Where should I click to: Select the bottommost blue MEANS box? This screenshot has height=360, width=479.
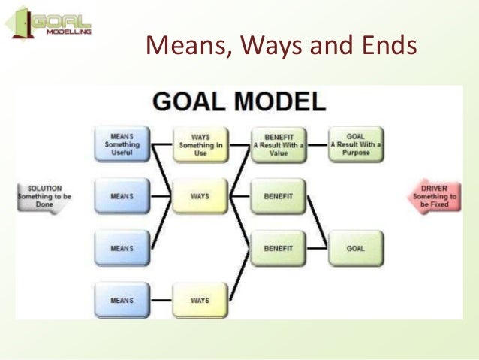point(122,300)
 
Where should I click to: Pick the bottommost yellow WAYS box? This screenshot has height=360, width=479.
point(200,300)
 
